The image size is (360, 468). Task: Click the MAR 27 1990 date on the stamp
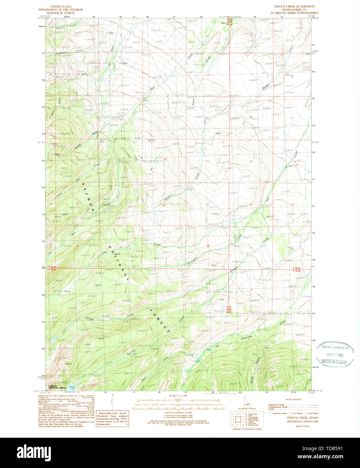click(x=334, y=354)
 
